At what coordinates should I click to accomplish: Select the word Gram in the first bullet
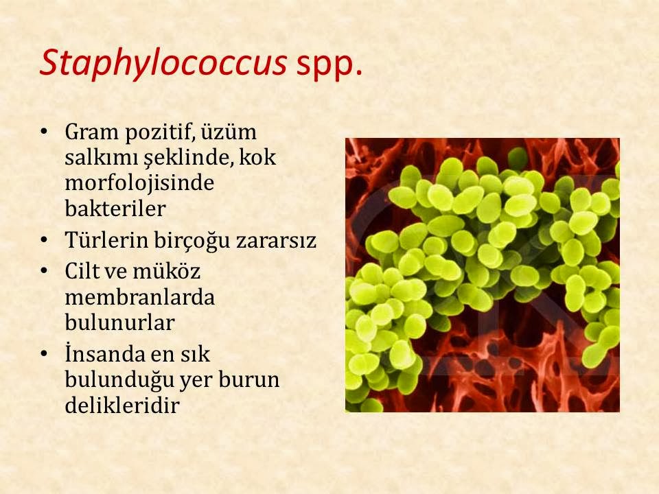[x=91, y=132]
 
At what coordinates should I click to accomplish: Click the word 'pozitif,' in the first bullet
[x=160, y=132]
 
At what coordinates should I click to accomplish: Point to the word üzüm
[x=229, y=132]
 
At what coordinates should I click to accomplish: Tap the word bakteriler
[x=115, y=209]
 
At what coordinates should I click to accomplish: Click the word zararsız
[x=276, y=241]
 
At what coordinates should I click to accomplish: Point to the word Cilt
[x=82, y=271]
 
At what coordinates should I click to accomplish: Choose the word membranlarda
[x=139, y=297]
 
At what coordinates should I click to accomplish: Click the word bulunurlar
[x=119, y=322]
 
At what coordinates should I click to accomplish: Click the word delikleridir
[x=122, y=405]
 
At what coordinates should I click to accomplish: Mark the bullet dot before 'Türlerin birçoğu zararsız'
[x=44, y=241]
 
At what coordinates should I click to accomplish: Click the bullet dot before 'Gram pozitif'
[x=44, y=132]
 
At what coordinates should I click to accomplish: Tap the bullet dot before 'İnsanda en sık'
[x=44, y=354]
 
